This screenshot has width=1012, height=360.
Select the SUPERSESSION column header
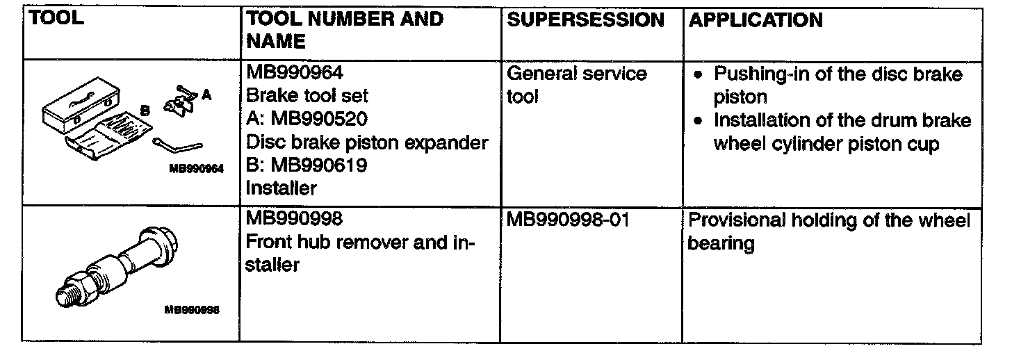(585, 20)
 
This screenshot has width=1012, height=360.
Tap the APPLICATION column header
(755, 20)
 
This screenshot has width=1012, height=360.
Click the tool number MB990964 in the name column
(295, 73)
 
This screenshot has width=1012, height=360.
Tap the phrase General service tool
(577, 84)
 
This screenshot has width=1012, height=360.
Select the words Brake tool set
(307, 96)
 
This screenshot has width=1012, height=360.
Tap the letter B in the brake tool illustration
(145, 109)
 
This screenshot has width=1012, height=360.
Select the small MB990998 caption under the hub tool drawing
(192, 311)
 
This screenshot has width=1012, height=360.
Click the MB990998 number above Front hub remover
(295, 220)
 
